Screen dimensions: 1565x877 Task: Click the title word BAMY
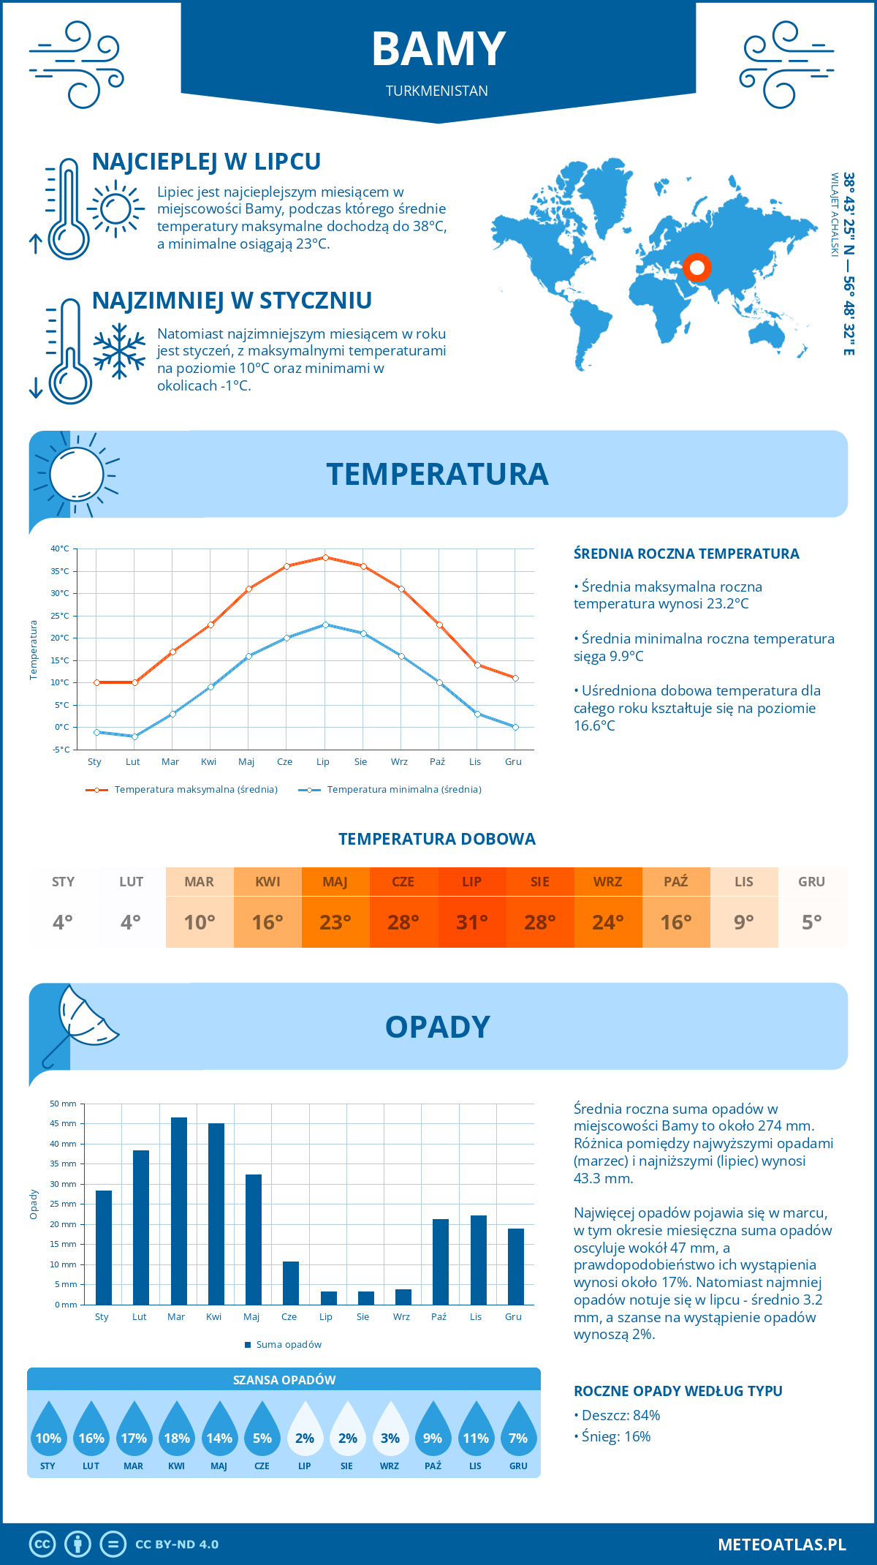pyautogui.click(x=438, y=49)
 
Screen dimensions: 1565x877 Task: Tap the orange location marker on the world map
pyautogui.click(x=697, y=268)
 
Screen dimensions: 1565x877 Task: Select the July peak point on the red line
pyautogui.click(x=325, y=557)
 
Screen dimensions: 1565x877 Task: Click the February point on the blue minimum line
pyautogui.click(x=134, y=736)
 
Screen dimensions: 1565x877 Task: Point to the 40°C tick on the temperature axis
pyautogui.click(x=60, y=548)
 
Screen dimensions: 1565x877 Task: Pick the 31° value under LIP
pyautogui.click(x=471, y=922)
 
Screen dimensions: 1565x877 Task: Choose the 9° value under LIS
pyautogui.click(x=744, y=922)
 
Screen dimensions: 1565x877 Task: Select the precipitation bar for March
pyautogui.click(x=178, y=1211)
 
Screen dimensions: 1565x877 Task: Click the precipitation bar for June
pyautogui.click(x=291, y=1283)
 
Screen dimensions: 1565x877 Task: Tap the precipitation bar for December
pyautogui.click(x=516, y=1267)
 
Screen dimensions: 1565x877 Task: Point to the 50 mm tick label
pyautogui.click(x=64, y=1104)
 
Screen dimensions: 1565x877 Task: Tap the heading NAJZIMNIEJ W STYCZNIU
pyautogui.click(x=232, y=301)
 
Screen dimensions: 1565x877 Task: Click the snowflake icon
pyautogui.click(x=119, y=351)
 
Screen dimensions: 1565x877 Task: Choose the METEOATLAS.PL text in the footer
pyautogui.click(x=781, y=1545)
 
